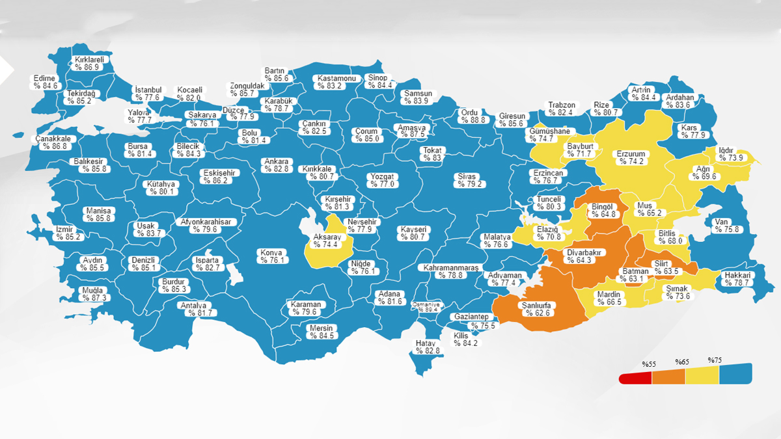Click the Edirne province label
click(46, 81)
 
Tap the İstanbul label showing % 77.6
click(148, 94)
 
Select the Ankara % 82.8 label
click(276, 165)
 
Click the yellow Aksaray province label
click(327, 241)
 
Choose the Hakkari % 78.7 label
click(737, 279)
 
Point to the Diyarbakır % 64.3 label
click(586, 256)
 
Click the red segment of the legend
click(635, 378)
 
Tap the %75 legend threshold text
click(715, 360)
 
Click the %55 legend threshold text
click(648, 364)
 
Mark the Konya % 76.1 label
click(272, 256)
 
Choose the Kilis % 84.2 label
click(465, 339)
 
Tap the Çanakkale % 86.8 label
click(53, 142)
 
